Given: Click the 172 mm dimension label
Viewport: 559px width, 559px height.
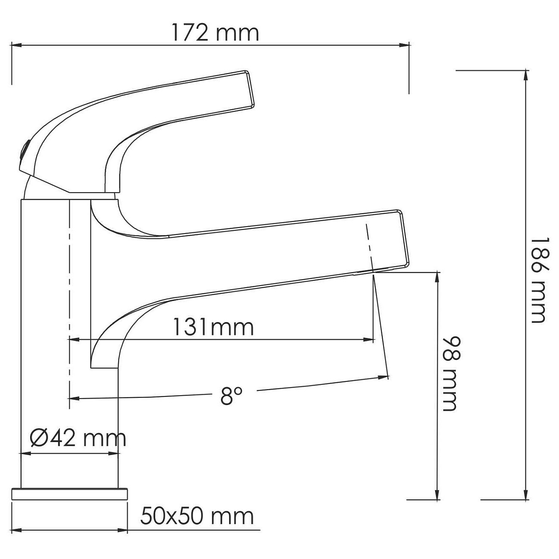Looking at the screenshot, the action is (215, 33).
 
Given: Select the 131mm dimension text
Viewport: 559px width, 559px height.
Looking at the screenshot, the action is (213, 327).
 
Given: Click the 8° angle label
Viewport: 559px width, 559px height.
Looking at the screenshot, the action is (230, 396).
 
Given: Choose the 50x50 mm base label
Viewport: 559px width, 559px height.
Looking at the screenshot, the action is (197, 516).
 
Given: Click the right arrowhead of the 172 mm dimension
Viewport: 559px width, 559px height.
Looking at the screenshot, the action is (404, 45).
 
